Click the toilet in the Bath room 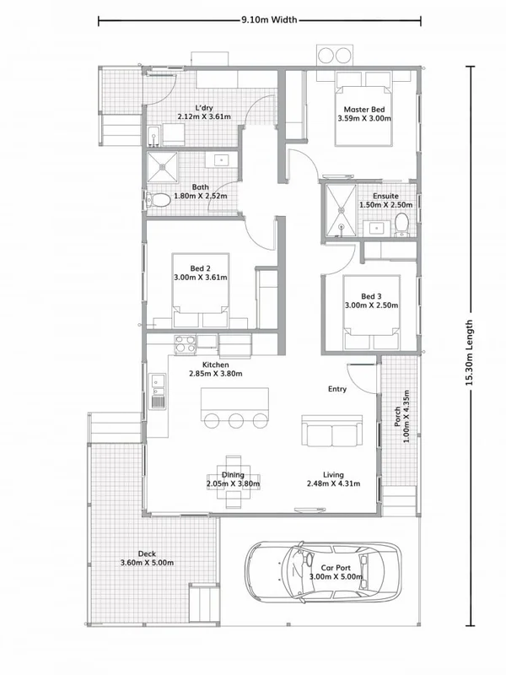point(156,200)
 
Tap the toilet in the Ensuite point(401,224)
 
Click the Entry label point(338,389)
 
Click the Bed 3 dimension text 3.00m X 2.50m point(371,305)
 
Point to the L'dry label point(203,108)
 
